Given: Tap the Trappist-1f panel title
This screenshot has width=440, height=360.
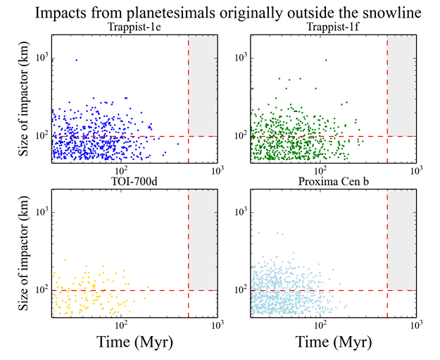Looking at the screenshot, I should [x=334, y=27].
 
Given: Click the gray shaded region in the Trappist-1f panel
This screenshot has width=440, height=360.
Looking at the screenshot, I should [x=402, y=85].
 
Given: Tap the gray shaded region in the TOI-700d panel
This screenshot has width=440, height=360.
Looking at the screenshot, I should [x=203, y=240].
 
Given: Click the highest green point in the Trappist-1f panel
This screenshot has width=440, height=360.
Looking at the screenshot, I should [x=325, y=60].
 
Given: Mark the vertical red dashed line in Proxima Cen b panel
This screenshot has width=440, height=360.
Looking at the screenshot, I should [x=388, y=254].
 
